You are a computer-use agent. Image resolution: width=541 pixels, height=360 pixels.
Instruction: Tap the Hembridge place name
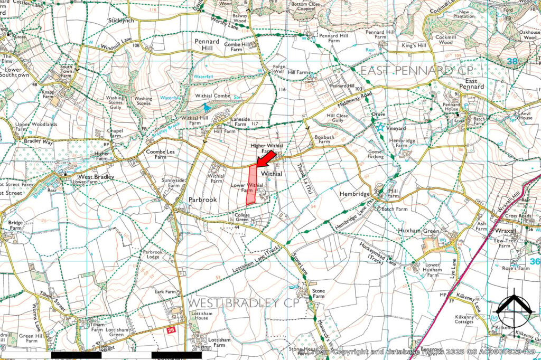355,194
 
